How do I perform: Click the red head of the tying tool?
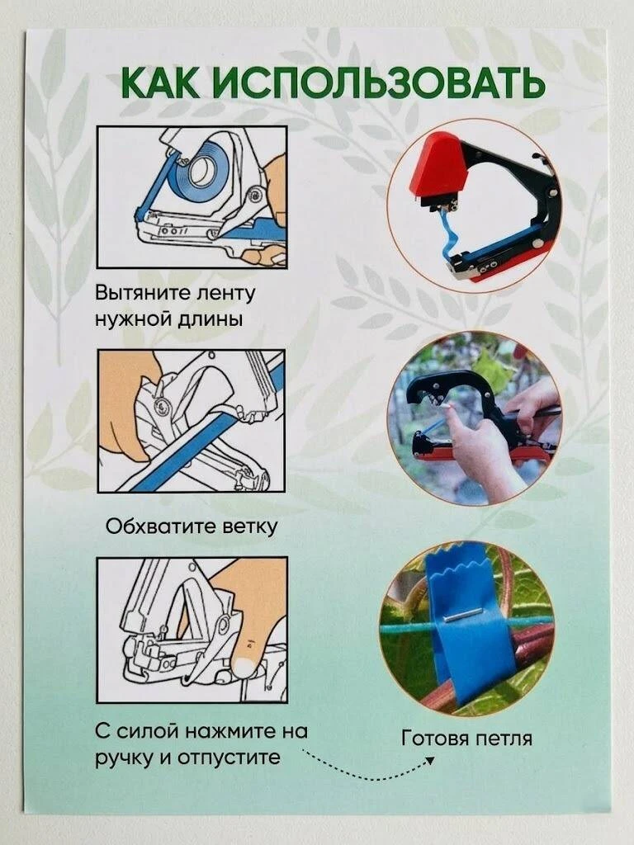point(436,167)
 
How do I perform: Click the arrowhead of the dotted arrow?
point(429,760)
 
